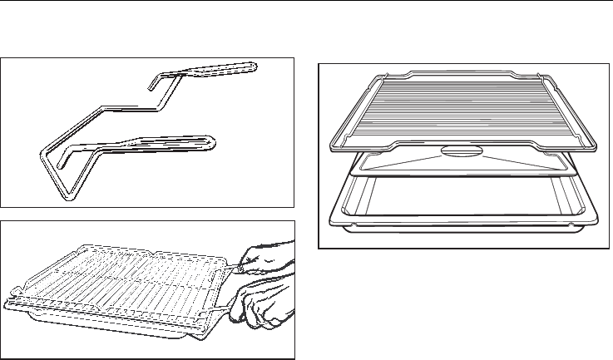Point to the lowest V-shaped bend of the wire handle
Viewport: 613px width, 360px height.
67,197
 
